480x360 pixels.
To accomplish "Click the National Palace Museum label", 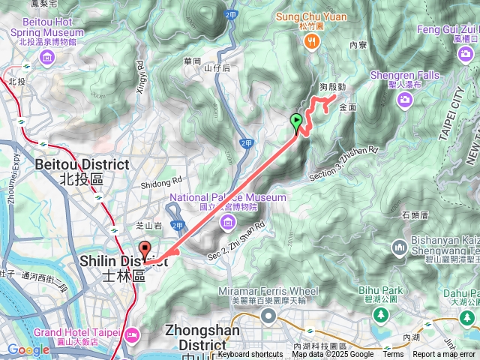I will (228, 197).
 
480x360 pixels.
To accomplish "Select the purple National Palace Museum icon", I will (228, 221).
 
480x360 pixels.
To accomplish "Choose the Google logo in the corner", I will (28, 349).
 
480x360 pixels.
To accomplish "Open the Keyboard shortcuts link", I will (250, 355).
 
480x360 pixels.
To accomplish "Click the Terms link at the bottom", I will (393, 355).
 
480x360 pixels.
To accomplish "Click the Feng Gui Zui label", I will (449, 28).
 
